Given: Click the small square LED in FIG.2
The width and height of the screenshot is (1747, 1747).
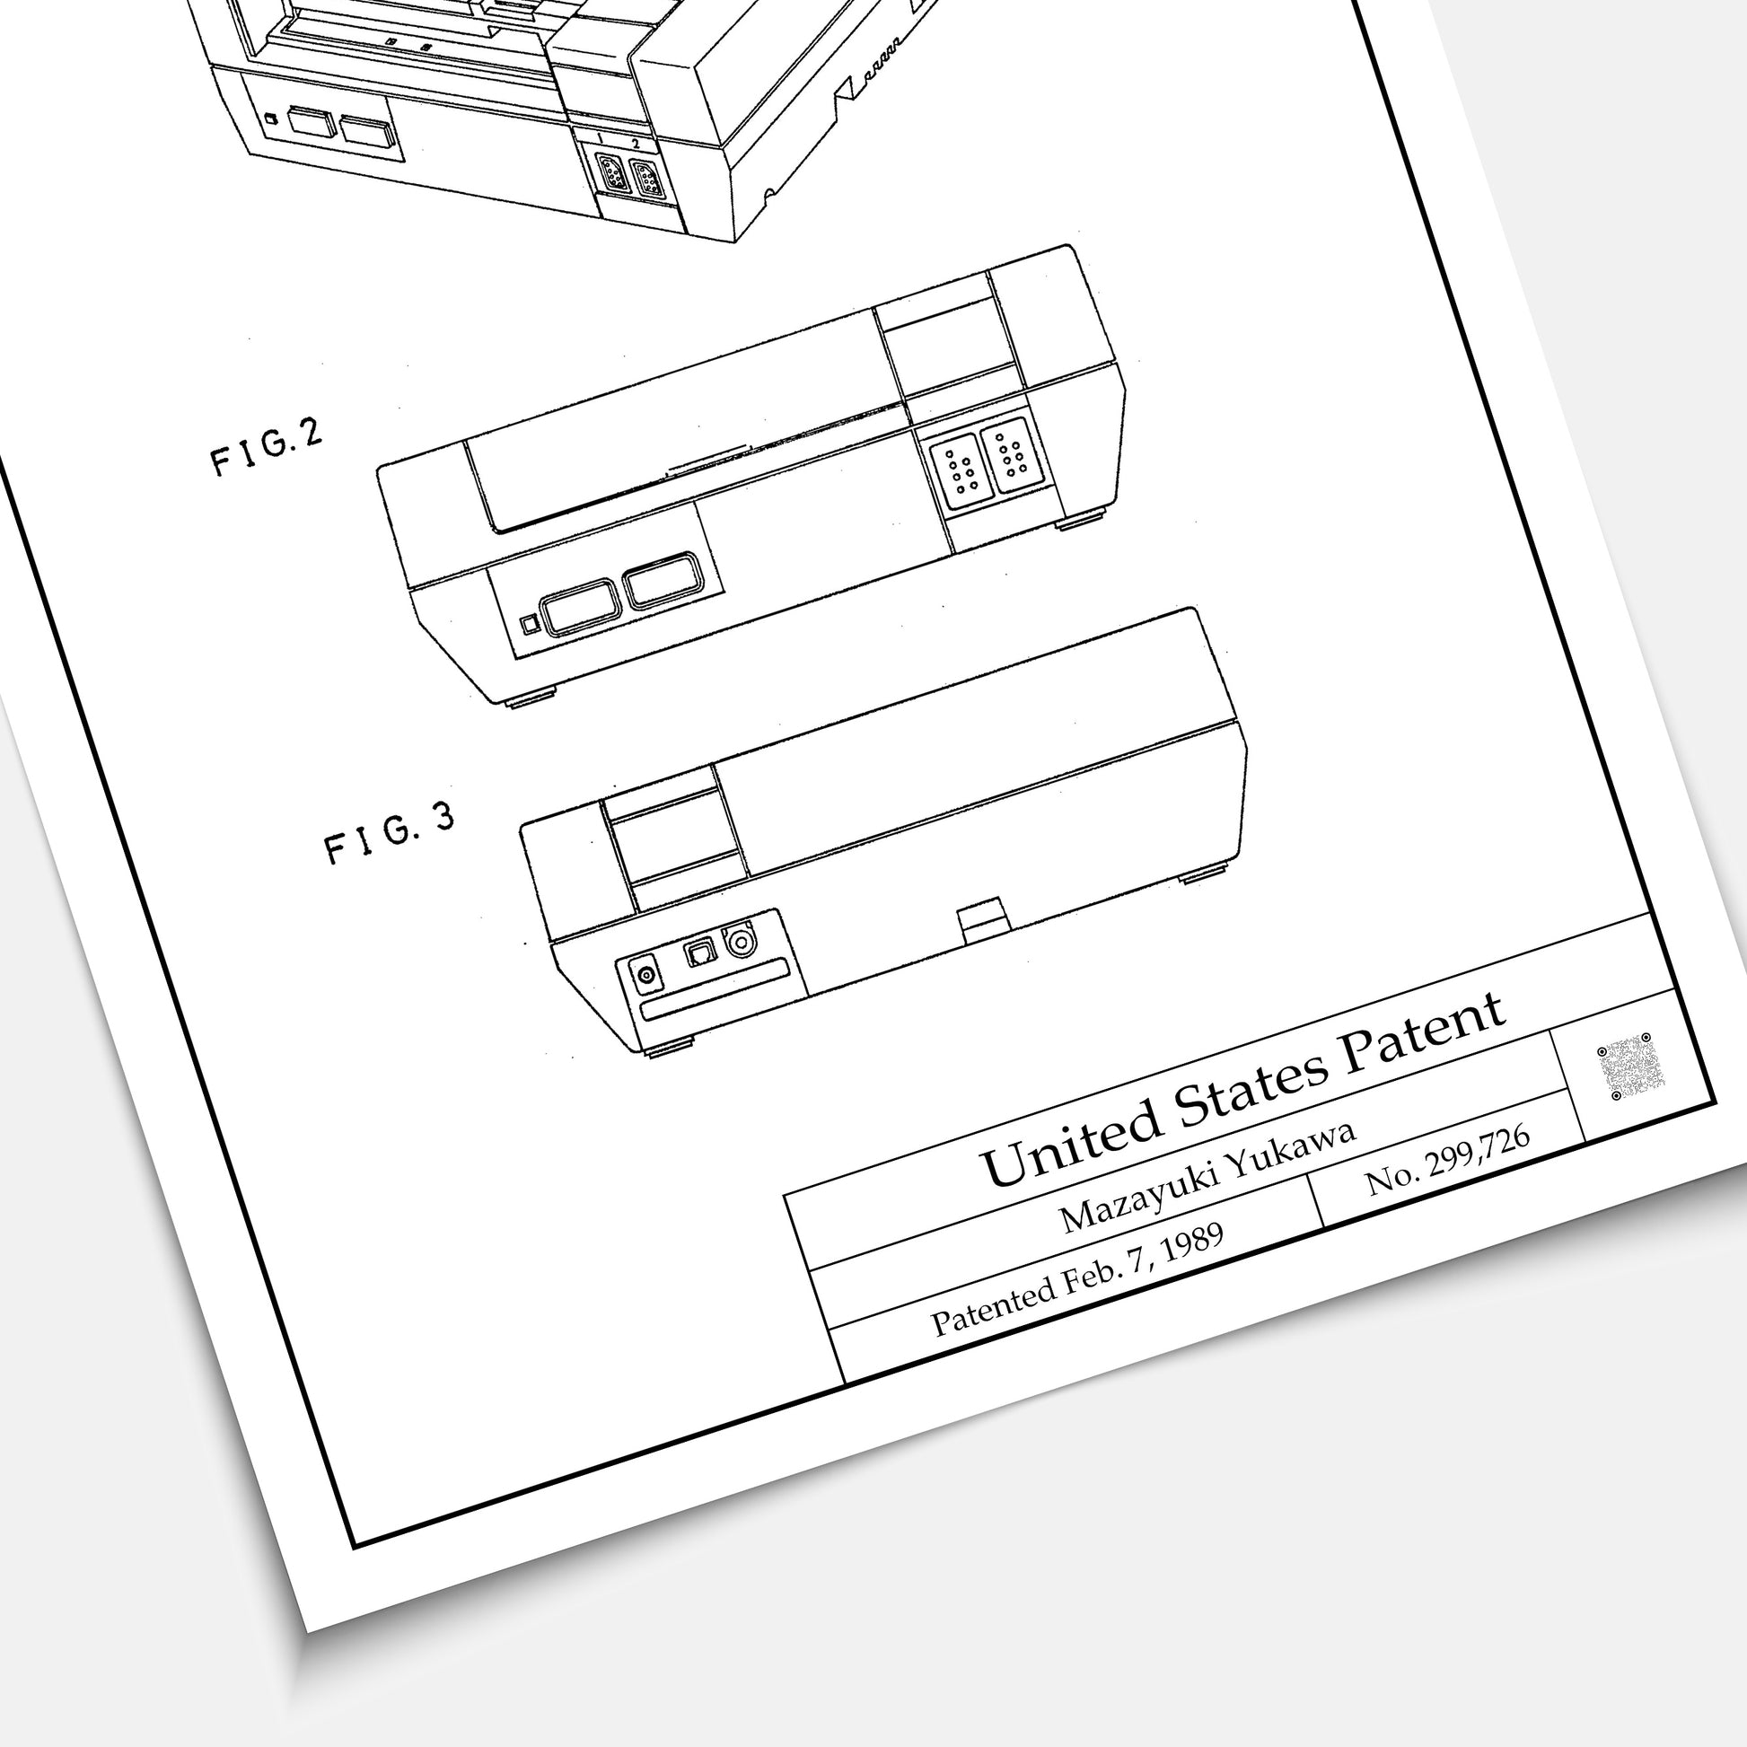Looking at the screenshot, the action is pos(531,624).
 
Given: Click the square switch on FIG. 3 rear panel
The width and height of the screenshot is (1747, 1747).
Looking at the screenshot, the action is pos(701,953).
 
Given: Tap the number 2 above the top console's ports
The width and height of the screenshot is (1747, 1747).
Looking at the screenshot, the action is pos(636,143).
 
